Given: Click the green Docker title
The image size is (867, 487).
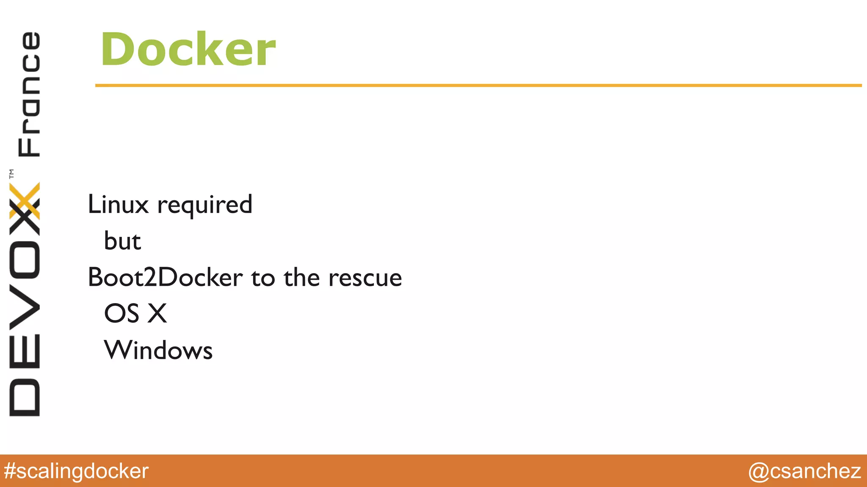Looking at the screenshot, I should click(188, 49).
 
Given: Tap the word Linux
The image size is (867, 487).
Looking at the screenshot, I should click(118, 205).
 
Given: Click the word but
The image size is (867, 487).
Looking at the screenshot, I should click(122, 241).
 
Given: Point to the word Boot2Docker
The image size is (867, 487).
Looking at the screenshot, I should click(165, 277).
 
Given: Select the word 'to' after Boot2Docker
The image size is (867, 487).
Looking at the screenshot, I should click(263, 278).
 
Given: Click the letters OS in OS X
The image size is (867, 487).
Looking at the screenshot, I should click(121, 314).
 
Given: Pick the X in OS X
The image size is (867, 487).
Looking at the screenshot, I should click(157, 314).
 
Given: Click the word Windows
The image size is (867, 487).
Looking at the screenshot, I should click(158, 350).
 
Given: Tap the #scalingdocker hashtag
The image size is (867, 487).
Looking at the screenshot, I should click(76, 471).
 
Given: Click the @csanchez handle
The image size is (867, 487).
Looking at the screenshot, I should click(804, 471).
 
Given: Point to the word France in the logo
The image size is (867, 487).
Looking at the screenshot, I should click(29, 94).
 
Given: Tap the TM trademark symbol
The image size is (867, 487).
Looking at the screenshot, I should click(11, 174).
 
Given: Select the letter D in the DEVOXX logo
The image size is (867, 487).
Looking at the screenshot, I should click(25, 398).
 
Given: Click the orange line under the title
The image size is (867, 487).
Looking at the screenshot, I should click(478, 85).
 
